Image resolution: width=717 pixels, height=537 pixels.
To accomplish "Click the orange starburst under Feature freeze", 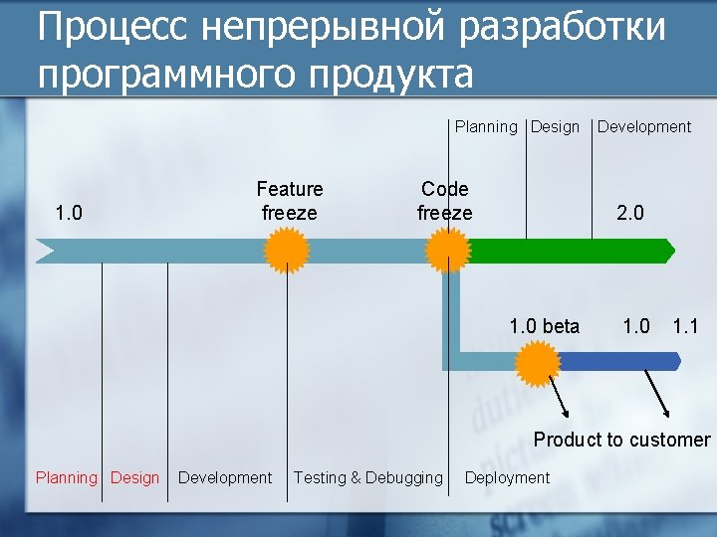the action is pyautogui.click(x=288, y=250).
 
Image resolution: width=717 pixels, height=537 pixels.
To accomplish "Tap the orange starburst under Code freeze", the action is pyautogui.click(x=448, y=250).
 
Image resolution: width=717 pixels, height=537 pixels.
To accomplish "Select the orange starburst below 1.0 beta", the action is pyautogui.click(x=540, y=363).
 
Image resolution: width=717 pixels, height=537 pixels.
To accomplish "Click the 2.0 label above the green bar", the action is pyautogui.click(x=630, y=213).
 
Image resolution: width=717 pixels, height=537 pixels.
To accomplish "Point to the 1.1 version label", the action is pyautogui.click(x=686, y=326).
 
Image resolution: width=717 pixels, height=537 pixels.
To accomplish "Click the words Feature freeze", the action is pyautogui.click(x=290, y=201).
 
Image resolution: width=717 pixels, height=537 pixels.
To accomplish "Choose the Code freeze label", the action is pyautogui.click(x=445, y=201).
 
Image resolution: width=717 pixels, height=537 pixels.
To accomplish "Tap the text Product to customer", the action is pyautogui.click(x=622, y=440).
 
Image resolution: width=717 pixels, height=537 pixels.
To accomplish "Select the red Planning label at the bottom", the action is pyautogui.click(x=67, y=477).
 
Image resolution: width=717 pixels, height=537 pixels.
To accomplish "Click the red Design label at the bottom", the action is pyautogui.click(x=135, y=477).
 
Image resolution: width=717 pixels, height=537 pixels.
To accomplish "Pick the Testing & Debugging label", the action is pyautogui.click(x=368, y=477).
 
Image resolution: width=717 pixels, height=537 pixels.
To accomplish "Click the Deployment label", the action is pyautogui.click(x=507, y=477).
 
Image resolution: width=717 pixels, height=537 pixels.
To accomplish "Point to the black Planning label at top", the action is pyautogui.click(x=486, y=126).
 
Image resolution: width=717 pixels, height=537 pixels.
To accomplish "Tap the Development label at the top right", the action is pyautogui.click(x=644, y=126).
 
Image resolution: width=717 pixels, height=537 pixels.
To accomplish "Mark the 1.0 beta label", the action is pyautogui.click(x=544, y=326).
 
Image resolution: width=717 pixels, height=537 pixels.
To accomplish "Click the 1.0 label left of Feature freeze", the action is pyautogui.click(x=69, y=213).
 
